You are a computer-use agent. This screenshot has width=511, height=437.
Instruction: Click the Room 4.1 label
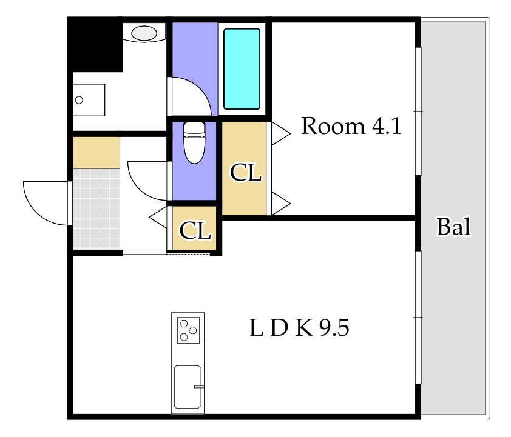point(351,125)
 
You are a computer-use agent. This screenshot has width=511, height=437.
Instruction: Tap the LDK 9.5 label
point(299,327)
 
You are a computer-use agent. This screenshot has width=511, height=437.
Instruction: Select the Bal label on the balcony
point(453,227)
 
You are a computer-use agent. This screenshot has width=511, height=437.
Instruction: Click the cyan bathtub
point(242,69)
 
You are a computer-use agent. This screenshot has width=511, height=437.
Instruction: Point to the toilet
point(195,142)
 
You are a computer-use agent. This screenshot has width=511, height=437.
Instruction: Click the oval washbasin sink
point(144,33)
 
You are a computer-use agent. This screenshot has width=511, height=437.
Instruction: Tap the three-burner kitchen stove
point(188,330)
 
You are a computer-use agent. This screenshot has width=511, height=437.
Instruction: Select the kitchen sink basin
point(188,387)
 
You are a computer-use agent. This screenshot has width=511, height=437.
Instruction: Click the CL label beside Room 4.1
point(246,172)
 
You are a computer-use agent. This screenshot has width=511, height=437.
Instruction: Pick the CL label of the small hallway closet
point(195,230)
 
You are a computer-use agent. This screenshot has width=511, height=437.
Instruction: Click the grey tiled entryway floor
point(96,209)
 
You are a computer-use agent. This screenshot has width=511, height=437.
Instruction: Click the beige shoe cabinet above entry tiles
point(96,153)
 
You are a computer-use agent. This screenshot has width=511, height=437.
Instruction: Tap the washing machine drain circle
point(79,100)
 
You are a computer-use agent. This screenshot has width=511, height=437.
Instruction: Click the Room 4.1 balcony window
point(418,112)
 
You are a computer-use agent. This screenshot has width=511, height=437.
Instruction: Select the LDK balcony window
point(418,317)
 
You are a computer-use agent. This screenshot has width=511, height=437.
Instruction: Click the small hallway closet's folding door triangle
point(158,217)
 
